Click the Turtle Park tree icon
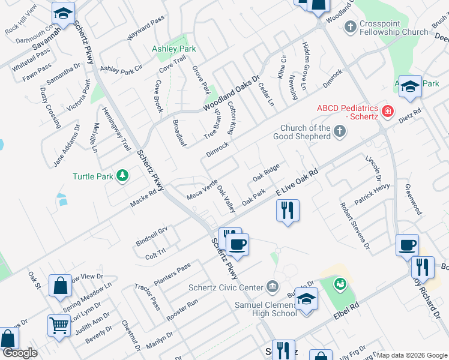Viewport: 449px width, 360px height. (x=122, y=175)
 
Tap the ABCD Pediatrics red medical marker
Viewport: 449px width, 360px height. (x=388, y=112)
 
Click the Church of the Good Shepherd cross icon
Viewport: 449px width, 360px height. (x=340, y=131)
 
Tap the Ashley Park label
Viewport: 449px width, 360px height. (x=174, y=48)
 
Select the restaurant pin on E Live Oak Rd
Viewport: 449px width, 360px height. (x=288, y=210)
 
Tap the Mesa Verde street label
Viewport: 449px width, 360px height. (x=202, y=189)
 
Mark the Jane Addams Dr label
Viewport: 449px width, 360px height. (x=67, y=146)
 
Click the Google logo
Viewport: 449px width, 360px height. (x=19, y=353)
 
